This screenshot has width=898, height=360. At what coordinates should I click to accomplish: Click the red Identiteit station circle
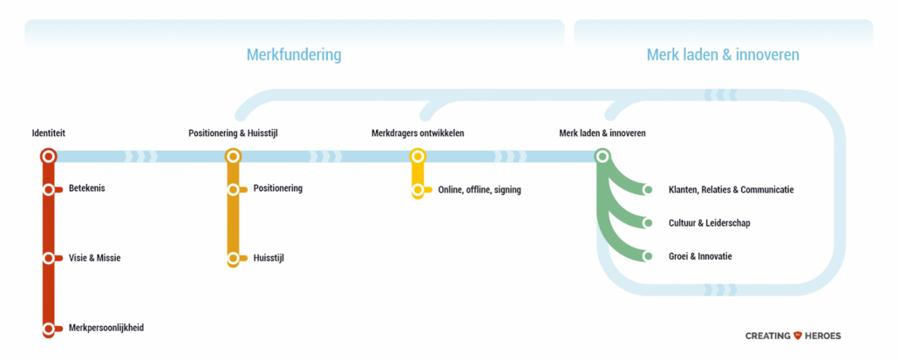tap(48, 156)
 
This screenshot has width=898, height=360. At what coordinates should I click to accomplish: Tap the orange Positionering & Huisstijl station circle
tap(233, 156)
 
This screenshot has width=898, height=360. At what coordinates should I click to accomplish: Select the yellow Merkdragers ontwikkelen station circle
tap(418, 156)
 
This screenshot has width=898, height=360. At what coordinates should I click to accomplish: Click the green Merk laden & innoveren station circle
tap(602, 156)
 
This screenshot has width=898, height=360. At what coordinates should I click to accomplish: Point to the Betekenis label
tap(87, 188)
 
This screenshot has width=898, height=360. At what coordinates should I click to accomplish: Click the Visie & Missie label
tap(94, 258)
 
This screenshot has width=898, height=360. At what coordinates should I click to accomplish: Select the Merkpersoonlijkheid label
tap(106, 329)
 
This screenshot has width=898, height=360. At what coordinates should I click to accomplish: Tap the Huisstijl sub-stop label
tap(269, 258)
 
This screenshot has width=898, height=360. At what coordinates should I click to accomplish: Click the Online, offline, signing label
tap(480, 190)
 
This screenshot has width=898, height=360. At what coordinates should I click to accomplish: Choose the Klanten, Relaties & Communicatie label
tap(731, 189)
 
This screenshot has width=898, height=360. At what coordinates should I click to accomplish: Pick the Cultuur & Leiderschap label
tap(709, 223)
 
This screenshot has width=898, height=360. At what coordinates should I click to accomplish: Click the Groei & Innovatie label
tap(700, 256)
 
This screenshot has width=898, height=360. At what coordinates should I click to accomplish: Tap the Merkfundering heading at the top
tap(294, 55)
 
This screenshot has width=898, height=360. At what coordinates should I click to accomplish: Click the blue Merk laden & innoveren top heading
tap(723, 55)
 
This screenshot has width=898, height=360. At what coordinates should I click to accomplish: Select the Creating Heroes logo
tap(793, 336)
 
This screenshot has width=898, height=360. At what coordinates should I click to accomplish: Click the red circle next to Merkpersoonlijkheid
tap(48, 329)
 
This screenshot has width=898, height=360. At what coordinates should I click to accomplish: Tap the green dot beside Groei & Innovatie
tap(648, 256)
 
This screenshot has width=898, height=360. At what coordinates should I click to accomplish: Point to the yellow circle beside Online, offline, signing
tap(418, 190)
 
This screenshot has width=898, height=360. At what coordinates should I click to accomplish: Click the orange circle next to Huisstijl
tap(233, 259)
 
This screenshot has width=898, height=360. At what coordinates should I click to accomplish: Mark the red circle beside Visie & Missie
tap(48, 258)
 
